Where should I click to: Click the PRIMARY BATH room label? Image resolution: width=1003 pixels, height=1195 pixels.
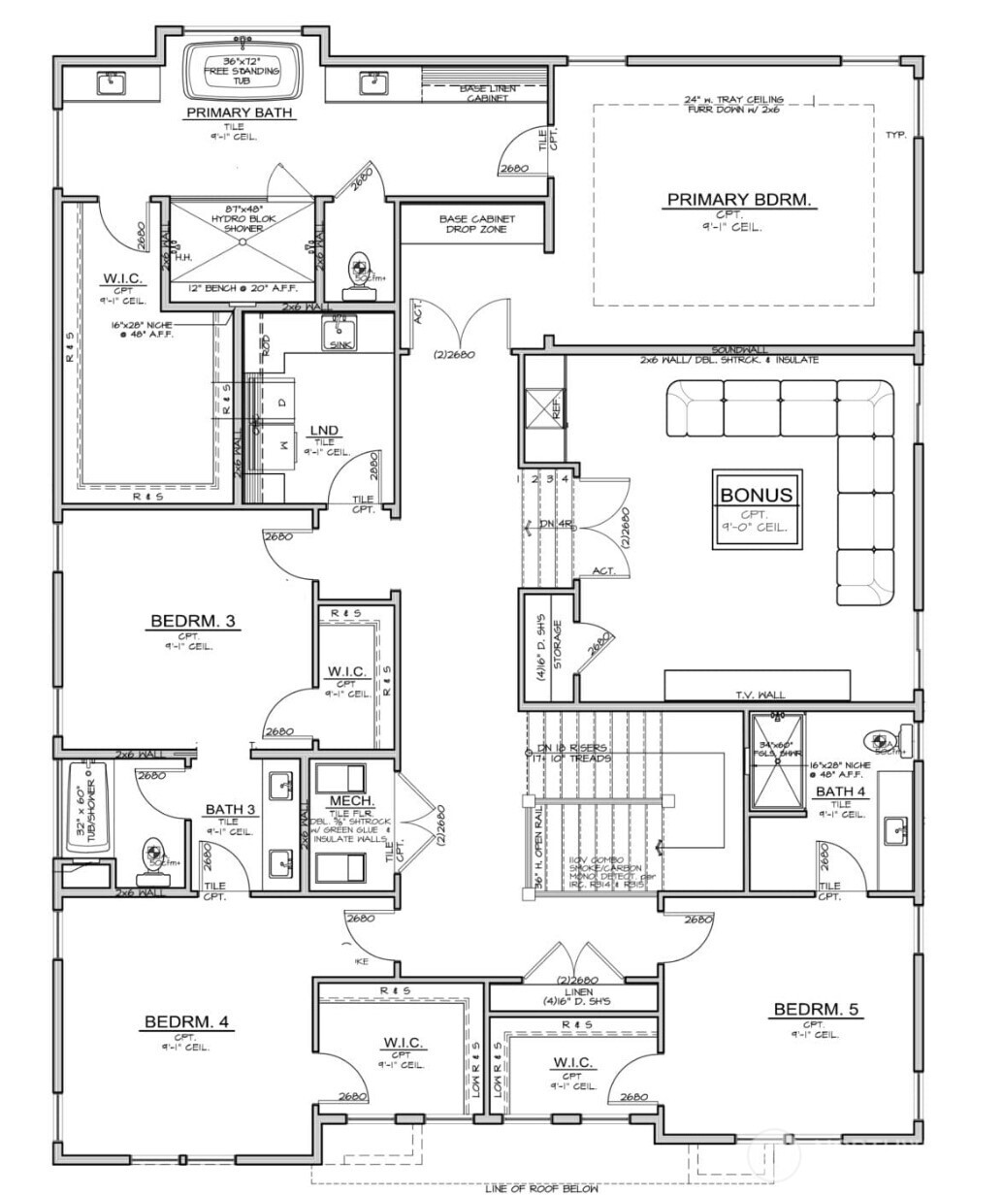point(239,113)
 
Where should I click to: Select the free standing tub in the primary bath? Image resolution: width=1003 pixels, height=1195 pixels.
point(244,69)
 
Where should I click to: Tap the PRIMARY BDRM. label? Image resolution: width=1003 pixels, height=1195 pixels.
point(739,200)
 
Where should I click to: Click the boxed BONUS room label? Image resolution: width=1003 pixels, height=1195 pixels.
point(756,495)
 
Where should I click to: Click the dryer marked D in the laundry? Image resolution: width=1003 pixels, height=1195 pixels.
point(282,402)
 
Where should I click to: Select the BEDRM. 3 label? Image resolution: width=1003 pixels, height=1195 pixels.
point(193,621)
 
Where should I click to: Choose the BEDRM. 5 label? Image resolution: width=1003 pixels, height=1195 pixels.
point(815,1010)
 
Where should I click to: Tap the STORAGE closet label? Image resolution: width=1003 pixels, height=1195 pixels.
point(557,645)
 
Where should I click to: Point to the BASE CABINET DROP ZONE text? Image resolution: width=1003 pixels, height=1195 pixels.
point(476,224)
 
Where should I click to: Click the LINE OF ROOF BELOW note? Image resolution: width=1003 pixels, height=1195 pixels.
point(541,1187)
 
